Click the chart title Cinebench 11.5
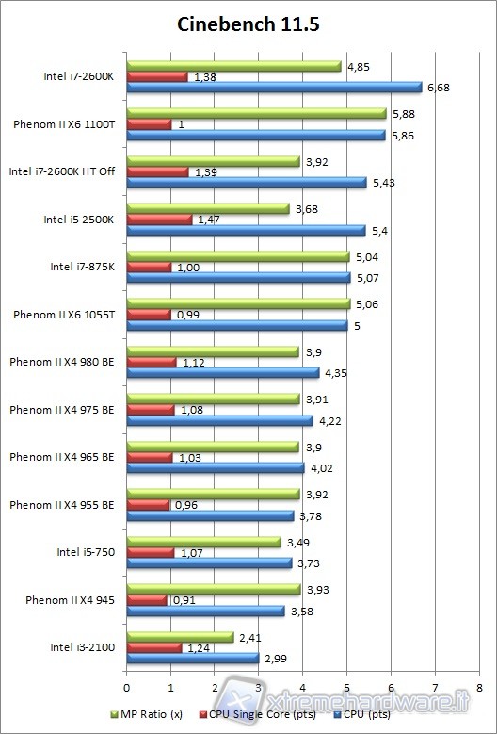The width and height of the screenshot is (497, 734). click(248, 25)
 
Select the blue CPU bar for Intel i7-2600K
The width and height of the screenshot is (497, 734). click(274, 88)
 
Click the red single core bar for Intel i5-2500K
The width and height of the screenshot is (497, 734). click(159, 220)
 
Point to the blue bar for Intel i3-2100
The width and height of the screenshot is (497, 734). click(192, 658)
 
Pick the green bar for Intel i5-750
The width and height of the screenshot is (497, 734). click(203, 542)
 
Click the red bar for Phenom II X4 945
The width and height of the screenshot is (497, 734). click(147, 600)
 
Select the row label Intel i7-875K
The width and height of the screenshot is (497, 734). click(82, 267)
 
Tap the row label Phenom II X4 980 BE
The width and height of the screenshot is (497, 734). click(62, 362)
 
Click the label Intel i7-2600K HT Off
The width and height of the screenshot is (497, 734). click(61, 171)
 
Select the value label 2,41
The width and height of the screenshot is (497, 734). click(250, 637)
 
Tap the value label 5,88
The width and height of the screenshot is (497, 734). click(403, 114)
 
